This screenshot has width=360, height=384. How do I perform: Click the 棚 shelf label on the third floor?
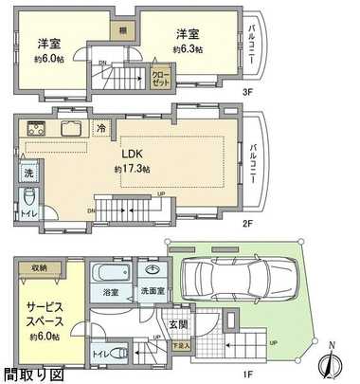pos(124,29)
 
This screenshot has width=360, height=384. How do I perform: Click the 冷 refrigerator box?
pos(100,129)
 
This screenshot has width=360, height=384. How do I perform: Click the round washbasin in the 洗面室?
pos(150,268)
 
